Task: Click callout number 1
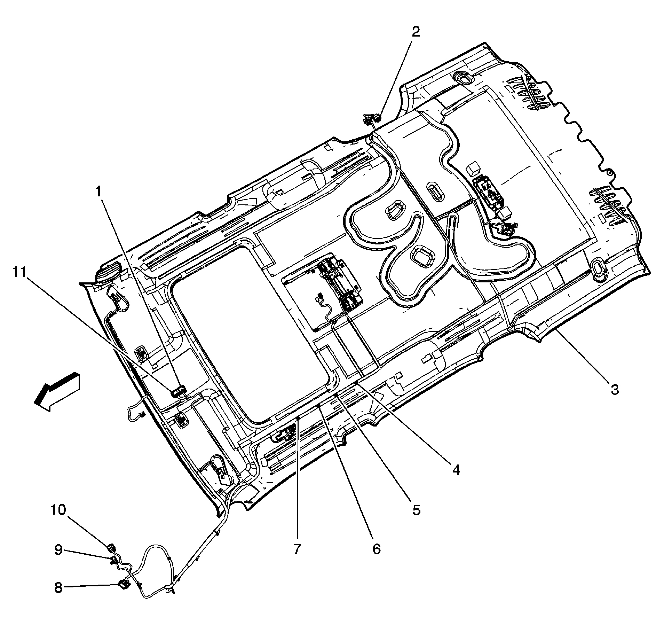99,192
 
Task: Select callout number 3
615,389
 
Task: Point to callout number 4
456,470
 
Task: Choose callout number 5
416,510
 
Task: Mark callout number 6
377,549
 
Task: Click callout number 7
297,549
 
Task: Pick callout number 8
58,588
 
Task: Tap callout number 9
58,550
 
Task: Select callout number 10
58,510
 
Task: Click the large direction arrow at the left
57,391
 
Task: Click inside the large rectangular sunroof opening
251,331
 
